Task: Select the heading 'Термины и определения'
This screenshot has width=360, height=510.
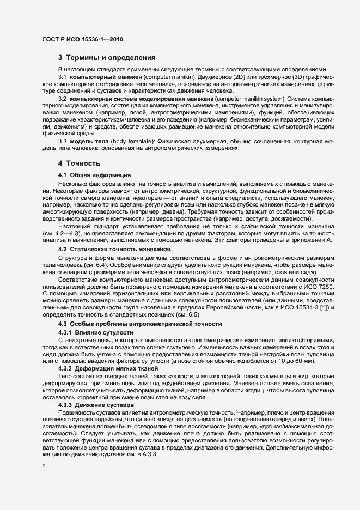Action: pyautogui.click(x=111, y=58)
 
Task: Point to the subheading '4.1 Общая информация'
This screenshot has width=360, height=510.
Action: pyautogui.click(x=94, y=175)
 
